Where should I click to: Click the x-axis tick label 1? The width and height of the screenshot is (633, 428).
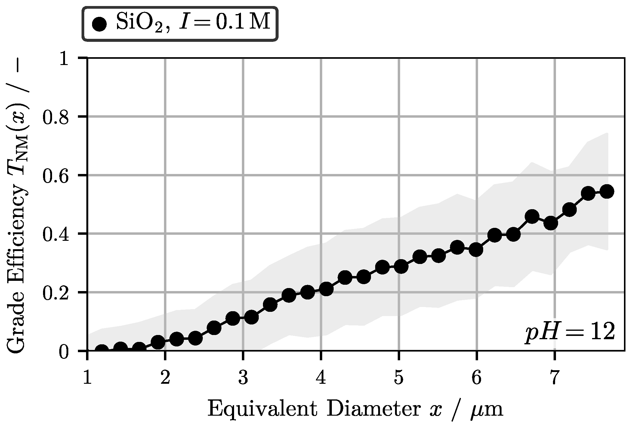(x=87, y=378)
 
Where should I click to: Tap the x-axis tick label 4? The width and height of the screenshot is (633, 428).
(x=321, y=378)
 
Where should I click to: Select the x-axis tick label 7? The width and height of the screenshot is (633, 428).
(x=554, y=378)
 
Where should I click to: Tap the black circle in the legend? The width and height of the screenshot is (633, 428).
(x=99, y=24)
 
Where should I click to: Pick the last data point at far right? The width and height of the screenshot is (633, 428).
(x=607, y=192)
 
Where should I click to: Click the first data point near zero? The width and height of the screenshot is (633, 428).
(x=102, y=350)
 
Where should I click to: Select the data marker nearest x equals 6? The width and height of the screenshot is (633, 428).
(x=476, y=250)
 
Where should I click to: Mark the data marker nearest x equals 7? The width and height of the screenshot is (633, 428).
(x=551, y=223)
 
